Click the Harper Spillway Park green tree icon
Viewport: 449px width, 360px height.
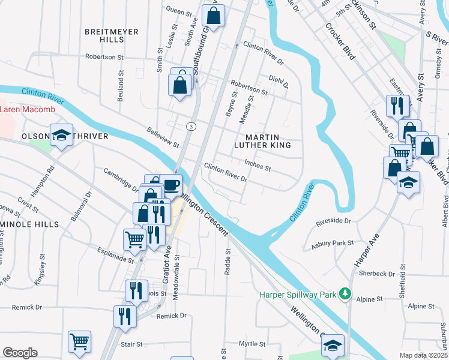pos(345,293)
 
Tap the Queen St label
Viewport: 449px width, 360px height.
pos(178,11)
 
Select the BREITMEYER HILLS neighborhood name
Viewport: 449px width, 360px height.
pos(112,35)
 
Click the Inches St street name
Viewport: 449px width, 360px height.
pos(258,165)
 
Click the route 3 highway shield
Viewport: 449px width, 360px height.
pos(190,126)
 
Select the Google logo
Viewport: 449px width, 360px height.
pos(20,352)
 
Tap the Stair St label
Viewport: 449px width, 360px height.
pos(131,345)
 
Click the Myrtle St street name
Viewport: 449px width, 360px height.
pos(252,344)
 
